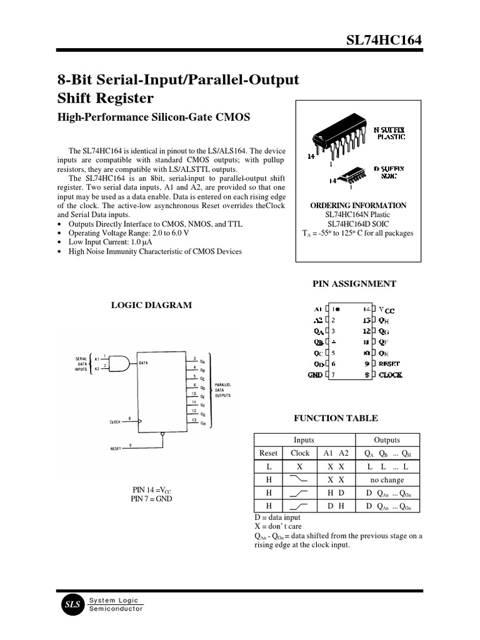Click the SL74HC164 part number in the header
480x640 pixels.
pos(384,41)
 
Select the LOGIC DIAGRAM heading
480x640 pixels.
pos(151,305)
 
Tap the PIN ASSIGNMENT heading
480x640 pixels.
pos(354,284)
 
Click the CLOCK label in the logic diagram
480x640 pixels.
pos(115,422)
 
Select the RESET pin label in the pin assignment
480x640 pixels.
pos(389,363)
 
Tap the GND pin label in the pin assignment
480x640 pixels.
pos(315,375)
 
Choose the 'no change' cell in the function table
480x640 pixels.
pos(387,480)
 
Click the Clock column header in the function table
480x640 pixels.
pos(300,453)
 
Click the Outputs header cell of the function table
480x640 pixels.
pos(387,440)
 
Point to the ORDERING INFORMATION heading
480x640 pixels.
pos(358,206)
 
